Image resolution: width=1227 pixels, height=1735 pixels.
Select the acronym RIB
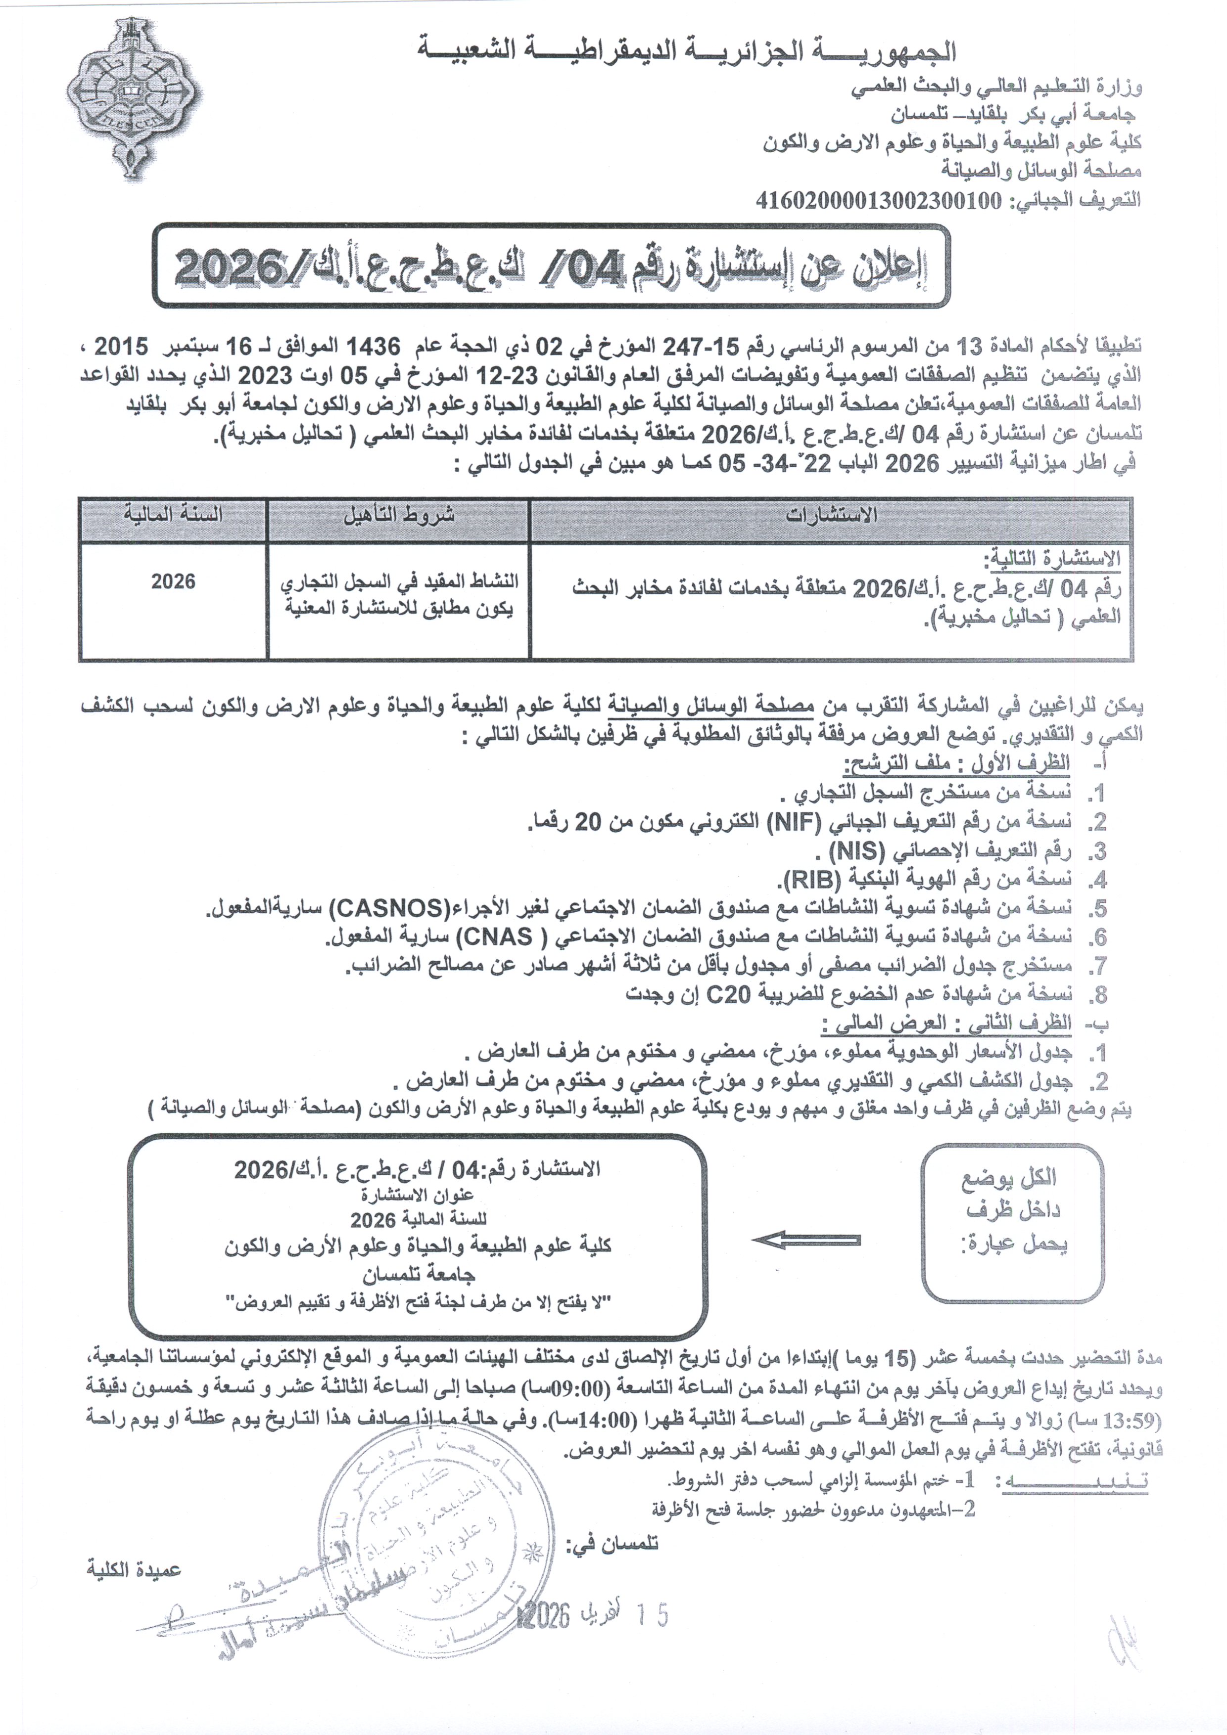[813, 880]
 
